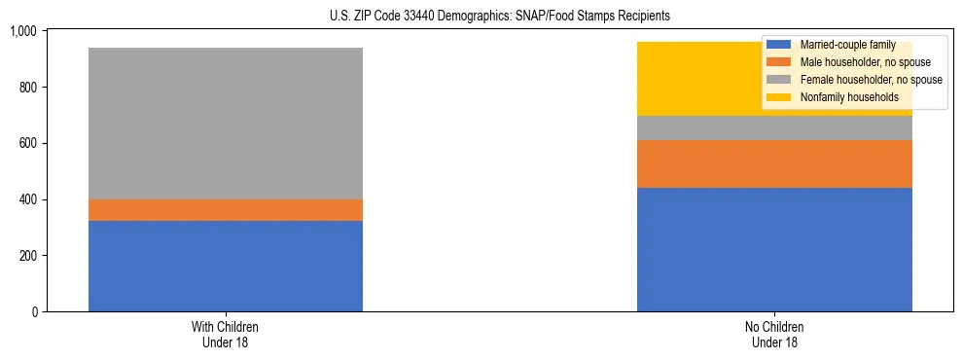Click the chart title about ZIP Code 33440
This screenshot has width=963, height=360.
coord(482,17)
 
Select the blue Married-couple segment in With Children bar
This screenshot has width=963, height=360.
coord(226,266)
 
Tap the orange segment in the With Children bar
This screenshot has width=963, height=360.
coord(226,210)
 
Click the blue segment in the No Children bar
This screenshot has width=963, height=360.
coord(774,249)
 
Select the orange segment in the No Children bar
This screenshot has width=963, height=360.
coord(774,163)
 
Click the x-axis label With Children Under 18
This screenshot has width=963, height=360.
coord(226,335)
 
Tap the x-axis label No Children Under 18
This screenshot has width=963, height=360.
coord(774,335)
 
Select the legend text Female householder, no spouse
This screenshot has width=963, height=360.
coord(871,80)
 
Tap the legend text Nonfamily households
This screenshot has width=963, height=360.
coord(849,97)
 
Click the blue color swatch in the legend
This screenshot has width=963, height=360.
coord(779,45)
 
